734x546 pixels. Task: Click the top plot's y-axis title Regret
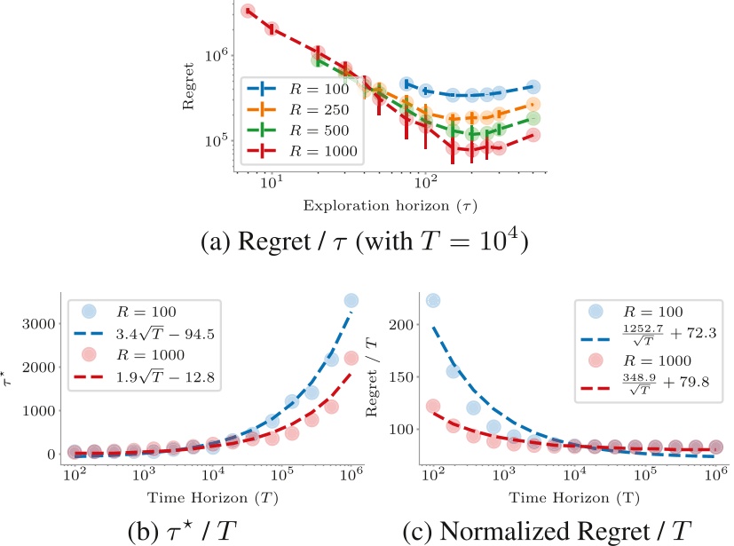click(x=188, y=91)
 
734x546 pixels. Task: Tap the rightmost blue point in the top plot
click(x=533, y=86)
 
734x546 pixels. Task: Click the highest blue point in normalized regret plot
click(x=434, y=300)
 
